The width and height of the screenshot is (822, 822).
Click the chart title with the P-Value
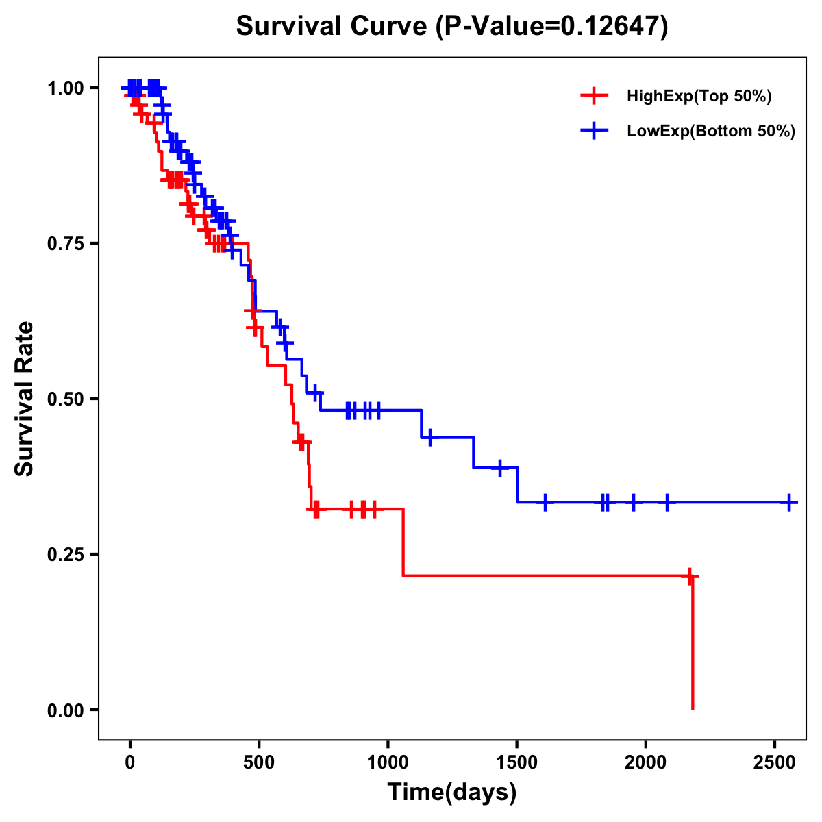pos(451,27)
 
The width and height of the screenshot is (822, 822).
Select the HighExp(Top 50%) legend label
pos(699,97)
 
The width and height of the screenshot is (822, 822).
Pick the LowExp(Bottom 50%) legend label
pos(711,132)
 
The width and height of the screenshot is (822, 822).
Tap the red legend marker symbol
pos(594,96)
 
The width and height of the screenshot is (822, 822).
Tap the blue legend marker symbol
pos(594,131)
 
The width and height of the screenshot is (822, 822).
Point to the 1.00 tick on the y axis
pos(65,88)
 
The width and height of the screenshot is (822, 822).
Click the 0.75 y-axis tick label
pos(65,244)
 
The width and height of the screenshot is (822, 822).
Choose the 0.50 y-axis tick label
pos(65,399)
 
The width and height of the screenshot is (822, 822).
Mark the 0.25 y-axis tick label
pos(65,555)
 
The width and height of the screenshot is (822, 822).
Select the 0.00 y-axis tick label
pos(65,710)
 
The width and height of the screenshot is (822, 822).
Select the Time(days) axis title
pos(452,792)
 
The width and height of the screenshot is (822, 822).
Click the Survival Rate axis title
pos(25,399)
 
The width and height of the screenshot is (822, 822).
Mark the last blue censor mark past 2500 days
pos(789,502)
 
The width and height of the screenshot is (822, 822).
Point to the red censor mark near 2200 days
pos(690,576)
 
